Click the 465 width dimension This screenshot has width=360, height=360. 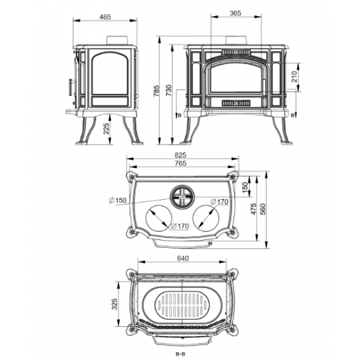coord(106,17)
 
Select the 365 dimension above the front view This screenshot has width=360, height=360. coord(235,13)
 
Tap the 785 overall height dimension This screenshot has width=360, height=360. coord(157,91)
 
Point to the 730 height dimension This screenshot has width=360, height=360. coord(169,91)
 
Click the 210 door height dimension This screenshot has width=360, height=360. coord(294,76)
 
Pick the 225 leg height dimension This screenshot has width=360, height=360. coord(106,128)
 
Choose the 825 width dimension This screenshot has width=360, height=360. coord(181,155)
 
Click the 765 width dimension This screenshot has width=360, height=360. coord(181,163)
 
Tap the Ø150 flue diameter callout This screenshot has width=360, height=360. coord(118,200)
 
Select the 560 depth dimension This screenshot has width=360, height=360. coord(263,209)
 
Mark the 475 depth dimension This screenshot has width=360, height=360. coord(253,209)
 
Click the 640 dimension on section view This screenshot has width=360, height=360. coord(183,258)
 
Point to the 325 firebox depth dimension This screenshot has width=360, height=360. coord(114,304)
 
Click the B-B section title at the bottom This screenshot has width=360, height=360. coord(180,354)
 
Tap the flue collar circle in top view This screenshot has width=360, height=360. coord(182,197)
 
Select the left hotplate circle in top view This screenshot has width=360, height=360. coord(159,218)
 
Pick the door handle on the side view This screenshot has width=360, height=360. coord(71,88)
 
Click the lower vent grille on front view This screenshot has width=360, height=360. coord(236,103)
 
